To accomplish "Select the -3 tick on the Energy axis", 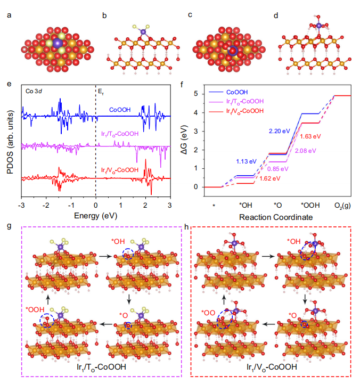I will click(22, 205).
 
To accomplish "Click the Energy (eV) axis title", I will click(96, 216).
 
